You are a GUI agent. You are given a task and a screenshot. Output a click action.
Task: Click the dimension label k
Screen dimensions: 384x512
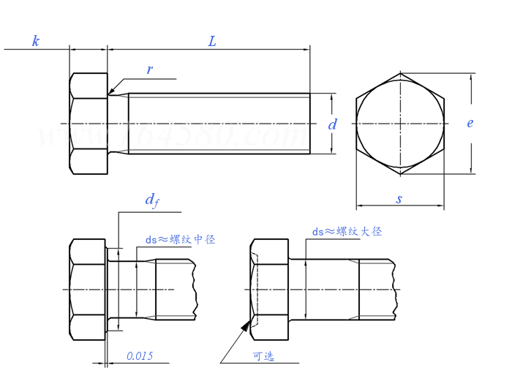point(35,41)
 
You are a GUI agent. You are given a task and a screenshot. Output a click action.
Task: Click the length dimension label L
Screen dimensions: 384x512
point(212,41)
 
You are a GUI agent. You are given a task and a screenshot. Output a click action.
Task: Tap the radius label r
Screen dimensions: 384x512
point(149,70)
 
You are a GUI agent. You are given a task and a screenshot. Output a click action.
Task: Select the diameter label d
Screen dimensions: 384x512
point(333,124)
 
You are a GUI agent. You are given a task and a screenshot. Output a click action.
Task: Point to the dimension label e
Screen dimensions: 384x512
point(470,123)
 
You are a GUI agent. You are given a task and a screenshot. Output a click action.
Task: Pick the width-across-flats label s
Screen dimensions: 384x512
point(399,199)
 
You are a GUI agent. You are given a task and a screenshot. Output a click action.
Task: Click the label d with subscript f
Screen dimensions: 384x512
point(151,200)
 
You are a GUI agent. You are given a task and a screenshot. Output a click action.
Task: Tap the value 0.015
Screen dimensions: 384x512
point(139,356)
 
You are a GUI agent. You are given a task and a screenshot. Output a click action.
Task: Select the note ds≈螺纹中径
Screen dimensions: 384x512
point(180,239)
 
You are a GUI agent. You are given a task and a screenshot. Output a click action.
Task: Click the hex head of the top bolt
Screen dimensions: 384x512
point(89,124)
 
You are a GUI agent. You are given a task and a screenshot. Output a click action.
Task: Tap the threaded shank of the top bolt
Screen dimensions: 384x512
point(219,124)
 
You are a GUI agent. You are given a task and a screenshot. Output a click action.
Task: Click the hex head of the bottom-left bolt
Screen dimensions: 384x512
point(89,290)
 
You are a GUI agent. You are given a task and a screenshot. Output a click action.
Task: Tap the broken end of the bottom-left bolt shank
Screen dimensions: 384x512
point(195,290)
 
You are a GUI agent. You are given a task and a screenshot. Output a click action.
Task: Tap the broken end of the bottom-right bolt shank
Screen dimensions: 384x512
point(398,290)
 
